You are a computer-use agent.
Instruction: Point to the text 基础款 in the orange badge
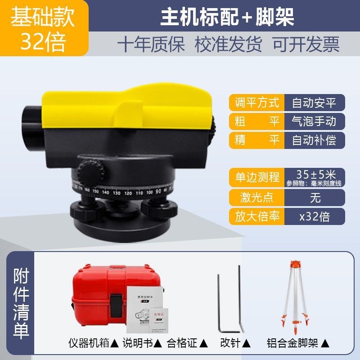[x=43, y=17]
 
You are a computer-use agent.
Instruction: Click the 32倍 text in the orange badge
[x=43, y=42]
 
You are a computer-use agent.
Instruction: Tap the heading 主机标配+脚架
[x=227, y=17]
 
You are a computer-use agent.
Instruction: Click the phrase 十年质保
[x=151, y=45]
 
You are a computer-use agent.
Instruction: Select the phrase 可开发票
[x=306, y=45]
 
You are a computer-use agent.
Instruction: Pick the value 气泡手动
[x=314, y=121]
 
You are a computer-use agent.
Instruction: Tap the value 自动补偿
[x=314, y=140]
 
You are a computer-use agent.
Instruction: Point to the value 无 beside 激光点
[x=314, y=197]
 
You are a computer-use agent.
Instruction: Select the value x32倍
[x=314, y=216]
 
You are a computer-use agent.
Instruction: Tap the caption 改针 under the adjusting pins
[x=230, y=343]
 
